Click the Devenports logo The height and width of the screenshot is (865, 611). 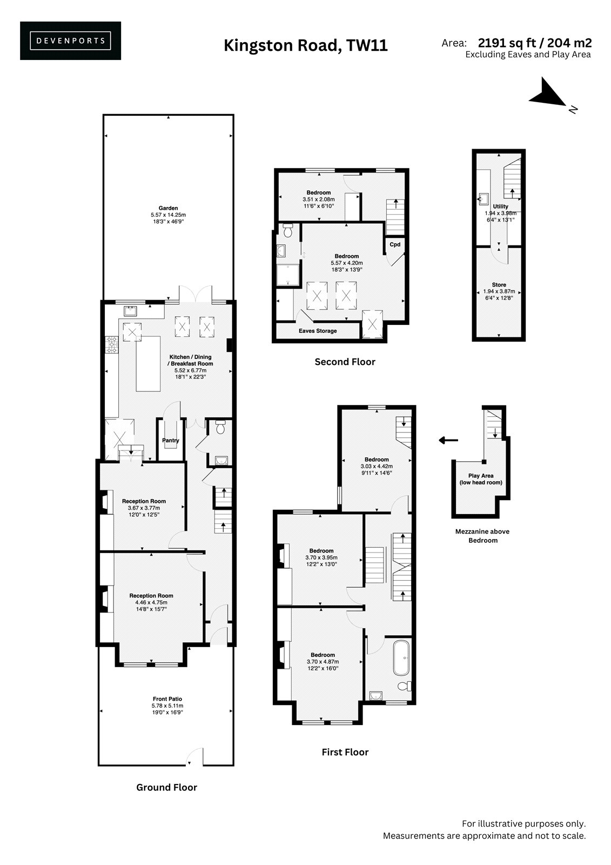70,41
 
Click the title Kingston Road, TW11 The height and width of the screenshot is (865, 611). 305,45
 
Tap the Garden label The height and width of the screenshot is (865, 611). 168,208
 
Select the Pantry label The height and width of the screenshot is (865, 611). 170,440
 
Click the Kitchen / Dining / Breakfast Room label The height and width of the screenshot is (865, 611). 190,360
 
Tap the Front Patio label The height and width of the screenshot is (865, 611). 167,698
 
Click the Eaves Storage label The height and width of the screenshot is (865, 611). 318,331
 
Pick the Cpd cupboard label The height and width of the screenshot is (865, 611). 395,244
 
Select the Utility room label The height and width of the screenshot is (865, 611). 500,206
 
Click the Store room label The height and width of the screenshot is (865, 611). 499,284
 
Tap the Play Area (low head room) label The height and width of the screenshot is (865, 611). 481,479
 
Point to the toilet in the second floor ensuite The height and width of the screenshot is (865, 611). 287,230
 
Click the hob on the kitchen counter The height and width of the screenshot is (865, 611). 112,344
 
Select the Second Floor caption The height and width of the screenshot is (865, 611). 345,362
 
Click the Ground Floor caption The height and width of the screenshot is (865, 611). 167,787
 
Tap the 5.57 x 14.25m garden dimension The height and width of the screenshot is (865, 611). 169,215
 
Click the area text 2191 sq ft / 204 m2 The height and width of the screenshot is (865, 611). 535,43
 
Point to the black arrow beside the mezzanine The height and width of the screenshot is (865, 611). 448,440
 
